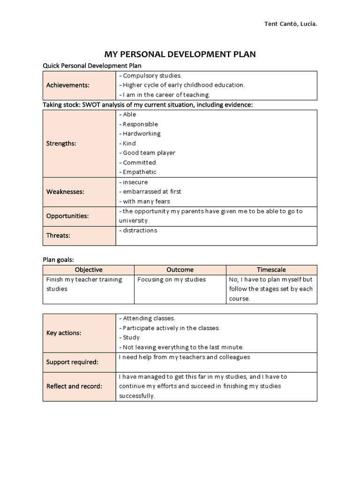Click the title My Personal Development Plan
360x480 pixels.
tap(180, 54)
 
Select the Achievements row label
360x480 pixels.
tap(67, 85)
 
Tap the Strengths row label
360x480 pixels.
tap(61, 143)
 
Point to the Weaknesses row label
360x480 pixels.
tap(65, 192)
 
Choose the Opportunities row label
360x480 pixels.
tap(67, 216)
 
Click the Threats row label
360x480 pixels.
tap(58, 235)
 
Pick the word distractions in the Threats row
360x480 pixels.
tap(140, 231)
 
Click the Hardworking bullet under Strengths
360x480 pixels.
tap(141, 134)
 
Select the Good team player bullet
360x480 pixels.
tap(149, 153)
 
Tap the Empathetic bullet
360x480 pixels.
tap(139, 172)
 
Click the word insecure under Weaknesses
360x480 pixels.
tap(135, 182)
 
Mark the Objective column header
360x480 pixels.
tap(89, 270)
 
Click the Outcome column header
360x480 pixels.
tap(180, 270)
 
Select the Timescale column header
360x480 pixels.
tap(271, 270)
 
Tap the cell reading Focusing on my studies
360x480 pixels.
tap(172, 279)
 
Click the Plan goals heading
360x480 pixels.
tap(59, 259)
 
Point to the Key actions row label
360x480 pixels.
tap(64, 333)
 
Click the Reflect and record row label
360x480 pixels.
tap(74, 386)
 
